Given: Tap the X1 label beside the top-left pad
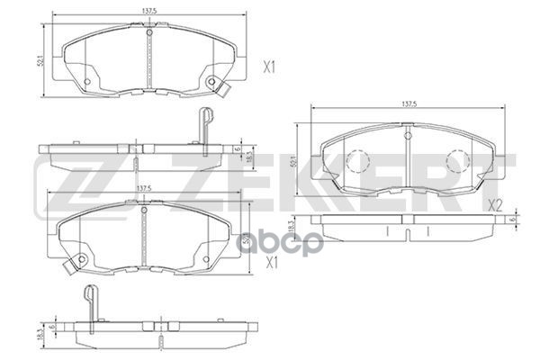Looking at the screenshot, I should [x=266, y=66].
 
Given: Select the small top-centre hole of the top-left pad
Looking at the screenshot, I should [x=147, y=34].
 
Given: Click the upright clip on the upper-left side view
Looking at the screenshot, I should [x=204, y=124].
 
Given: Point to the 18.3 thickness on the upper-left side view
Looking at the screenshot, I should [x=249, y=157].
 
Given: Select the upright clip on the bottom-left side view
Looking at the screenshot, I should [x=87, y=301].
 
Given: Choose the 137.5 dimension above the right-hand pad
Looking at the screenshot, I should [x=408, y=106].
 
